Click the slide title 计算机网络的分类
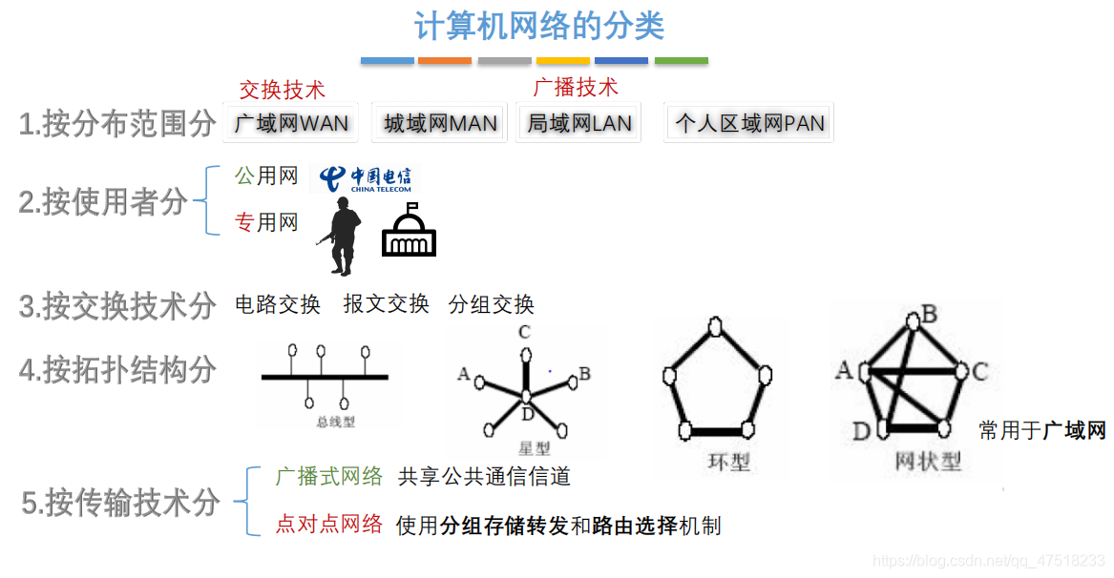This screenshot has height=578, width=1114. pyautogui.click(x=539, y=26)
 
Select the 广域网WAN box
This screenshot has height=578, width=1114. pyautogui.click(x=291, y=123)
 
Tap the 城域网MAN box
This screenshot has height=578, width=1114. pyautogui.click(x=440, y=123)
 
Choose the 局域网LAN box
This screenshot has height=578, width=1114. pyautogui.click(x=578, y=123)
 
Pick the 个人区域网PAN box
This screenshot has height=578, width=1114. pyautogui.click(x=749, y=123)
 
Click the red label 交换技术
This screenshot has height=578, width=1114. pyautogui.click(x=282, y=90)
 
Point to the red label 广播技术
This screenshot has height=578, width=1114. pyautogui.click(x=575, y=88)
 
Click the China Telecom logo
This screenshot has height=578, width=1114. pyautogui.click(x=365, y=177)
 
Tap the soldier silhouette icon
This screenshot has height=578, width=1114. pyautogui.click(x=341, y=236)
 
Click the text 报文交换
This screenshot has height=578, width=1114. pyautogui.click(x=386, y=304)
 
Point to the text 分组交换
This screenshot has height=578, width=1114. pyautogui.click(x=491, y=304)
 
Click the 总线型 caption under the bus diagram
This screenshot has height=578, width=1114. pyautogui.click(x=335, y=422)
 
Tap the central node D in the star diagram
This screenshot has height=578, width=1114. pyautogui.click(x=525, y=395)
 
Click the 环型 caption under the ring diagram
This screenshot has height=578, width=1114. pyautogui.click(x=728, y=463)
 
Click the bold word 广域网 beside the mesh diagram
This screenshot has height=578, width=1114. pyautogui.click(x=1074, y=431)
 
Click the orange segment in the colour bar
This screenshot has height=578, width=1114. pyautogui.click(x=444, y=61)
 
